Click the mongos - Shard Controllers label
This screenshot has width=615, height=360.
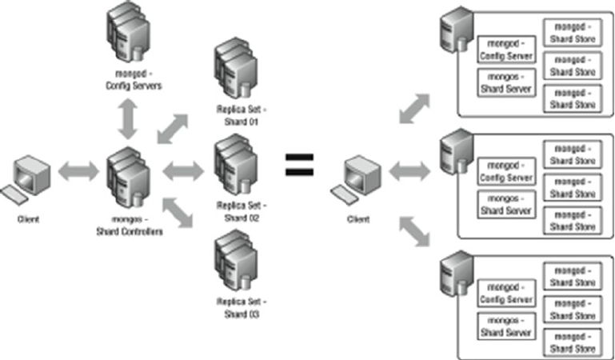(x=129, y=227)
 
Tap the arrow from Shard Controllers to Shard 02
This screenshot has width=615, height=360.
(x=184, y=170)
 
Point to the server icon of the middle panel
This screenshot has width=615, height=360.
(x=451, y=150)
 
